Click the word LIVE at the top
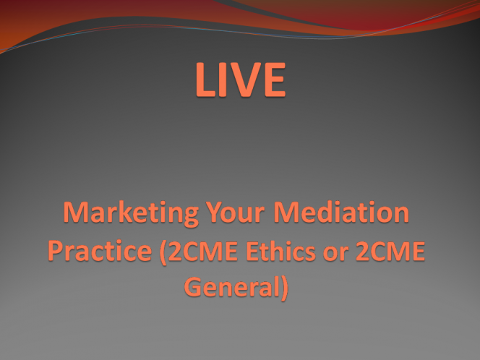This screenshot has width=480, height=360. click(241, 80)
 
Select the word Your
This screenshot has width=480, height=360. click(235, 212)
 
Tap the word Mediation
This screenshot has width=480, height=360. click(341, 212)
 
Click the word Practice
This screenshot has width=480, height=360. click(100, 251)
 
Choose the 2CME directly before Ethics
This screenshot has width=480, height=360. click(203, 251)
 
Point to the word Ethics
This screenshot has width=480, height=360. click(281, 251)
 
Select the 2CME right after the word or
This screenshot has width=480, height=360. click(390, 251)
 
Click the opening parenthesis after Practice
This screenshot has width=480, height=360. click(163, 253)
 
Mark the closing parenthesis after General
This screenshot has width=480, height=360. click(284, 288)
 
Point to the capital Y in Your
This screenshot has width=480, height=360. click(215, 212)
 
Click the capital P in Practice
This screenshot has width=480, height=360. click(56, 252)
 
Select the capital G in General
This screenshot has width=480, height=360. click(194, 287)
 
